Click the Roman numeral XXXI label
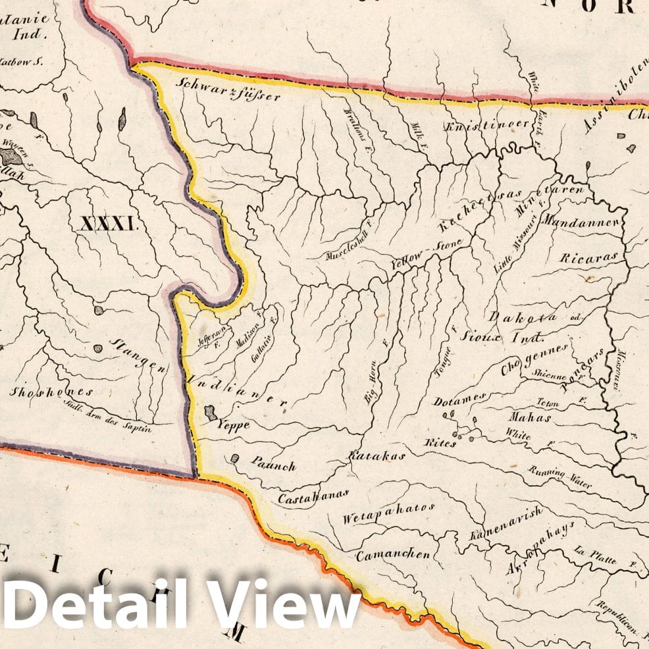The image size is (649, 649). (x=108, y=223)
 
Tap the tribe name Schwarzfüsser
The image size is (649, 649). (x=229, y=90)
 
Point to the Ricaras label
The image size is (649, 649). (x=589, y=257)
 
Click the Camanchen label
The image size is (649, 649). (x=393, y=555)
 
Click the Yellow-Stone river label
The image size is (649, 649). (x=427, y=255)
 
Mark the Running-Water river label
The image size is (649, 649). (x=559, y=477)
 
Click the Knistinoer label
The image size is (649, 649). (x=488, y=124)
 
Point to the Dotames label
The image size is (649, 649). (x=459, y=399)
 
